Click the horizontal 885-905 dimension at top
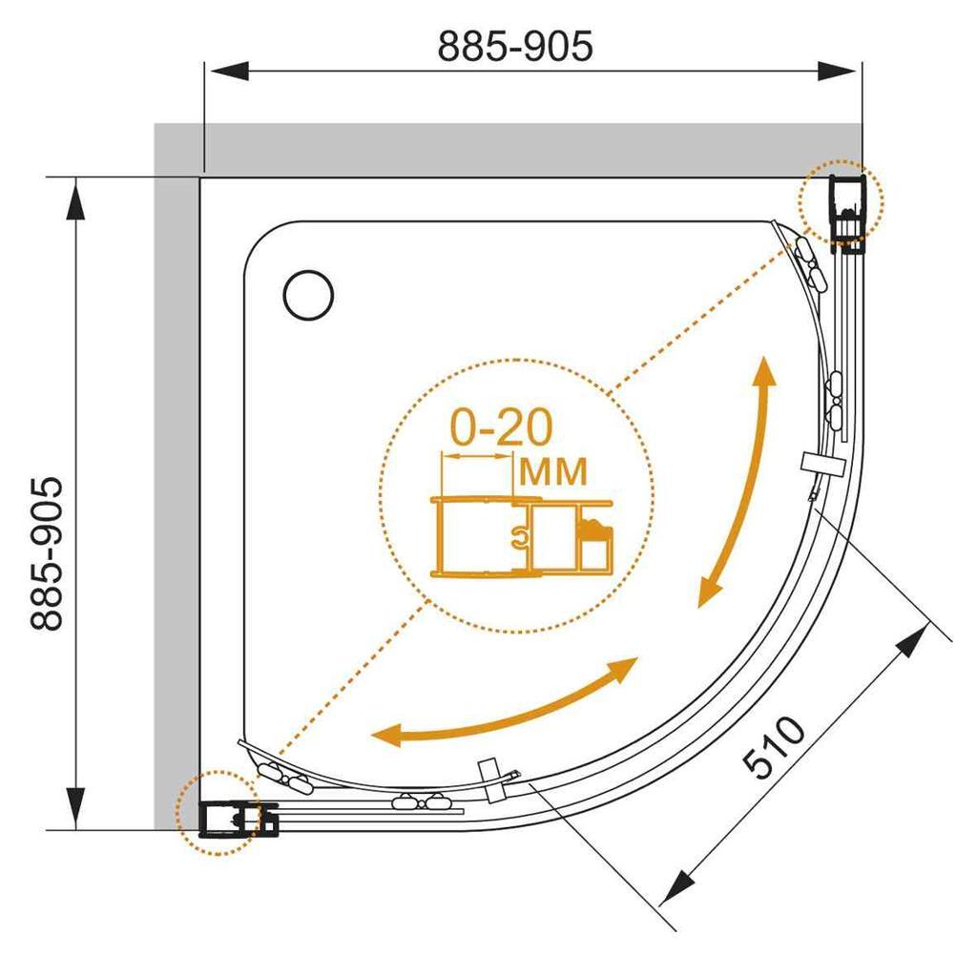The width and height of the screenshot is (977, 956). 514,46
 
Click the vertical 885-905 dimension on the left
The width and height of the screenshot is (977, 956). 47,554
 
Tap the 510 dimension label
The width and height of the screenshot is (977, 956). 775,747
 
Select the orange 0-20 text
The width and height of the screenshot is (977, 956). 502,427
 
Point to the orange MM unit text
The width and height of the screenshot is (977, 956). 553,471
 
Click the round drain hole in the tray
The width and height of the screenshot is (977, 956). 308,296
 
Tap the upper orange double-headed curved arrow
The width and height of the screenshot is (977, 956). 739,480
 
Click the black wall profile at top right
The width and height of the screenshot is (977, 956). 848,213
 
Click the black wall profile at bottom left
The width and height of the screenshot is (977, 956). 238,819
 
